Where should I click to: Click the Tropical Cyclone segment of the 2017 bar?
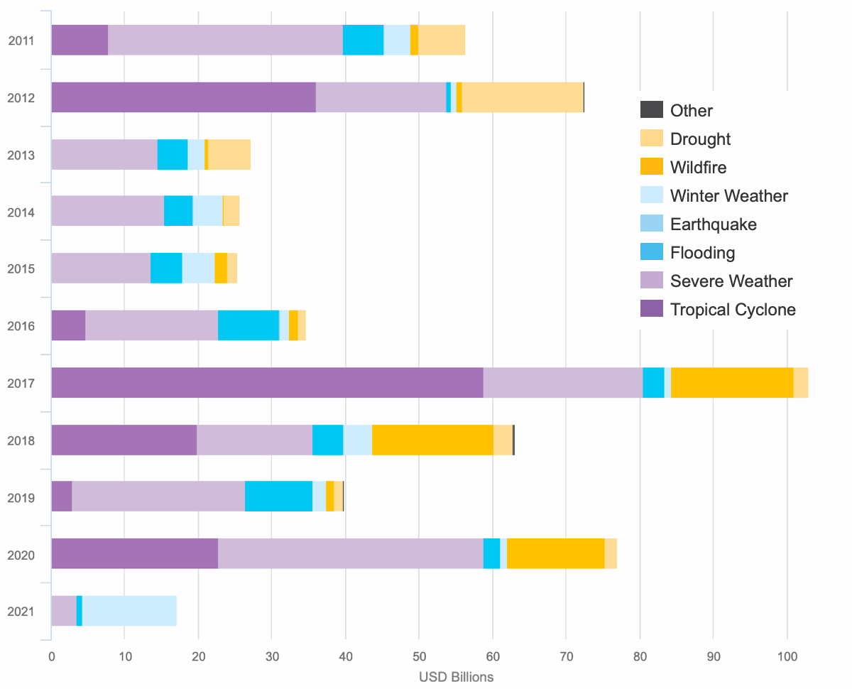(x=267, y=383)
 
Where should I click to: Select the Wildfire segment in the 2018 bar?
(x=432, y=440)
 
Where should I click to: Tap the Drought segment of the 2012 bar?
(x=523, y=97)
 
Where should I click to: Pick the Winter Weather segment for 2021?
(x=129, y=611)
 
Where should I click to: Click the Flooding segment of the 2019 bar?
(x=278, y=496)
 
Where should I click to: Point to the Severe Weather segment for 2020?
(x=350, y=553)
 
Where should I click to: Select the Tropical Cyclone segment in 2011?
(x=80, y=40)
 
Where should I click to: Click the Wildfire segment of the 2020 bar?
(x=555, y=553)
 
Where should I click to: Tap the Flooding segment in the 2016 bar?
(x=248, y=325)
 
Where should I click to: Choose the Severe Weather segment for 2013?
(x=104, y=154)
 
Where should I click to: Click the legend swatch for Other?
(x=651, y=110)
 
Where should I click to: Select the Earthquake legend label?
(x=713, y=224)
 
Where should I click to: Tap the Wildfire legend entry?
(x=698, y=168)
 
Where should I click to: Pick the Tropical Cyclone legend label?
(x=733, y=310)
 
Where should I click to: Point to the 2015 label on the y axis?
(x=21, y=269)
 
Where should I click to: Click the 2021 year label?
(x=21, y=612)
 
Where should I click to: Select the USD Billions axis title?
(x=456, y=677)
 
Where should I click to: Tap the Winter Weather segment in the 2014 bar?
(x=207, y=211)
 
